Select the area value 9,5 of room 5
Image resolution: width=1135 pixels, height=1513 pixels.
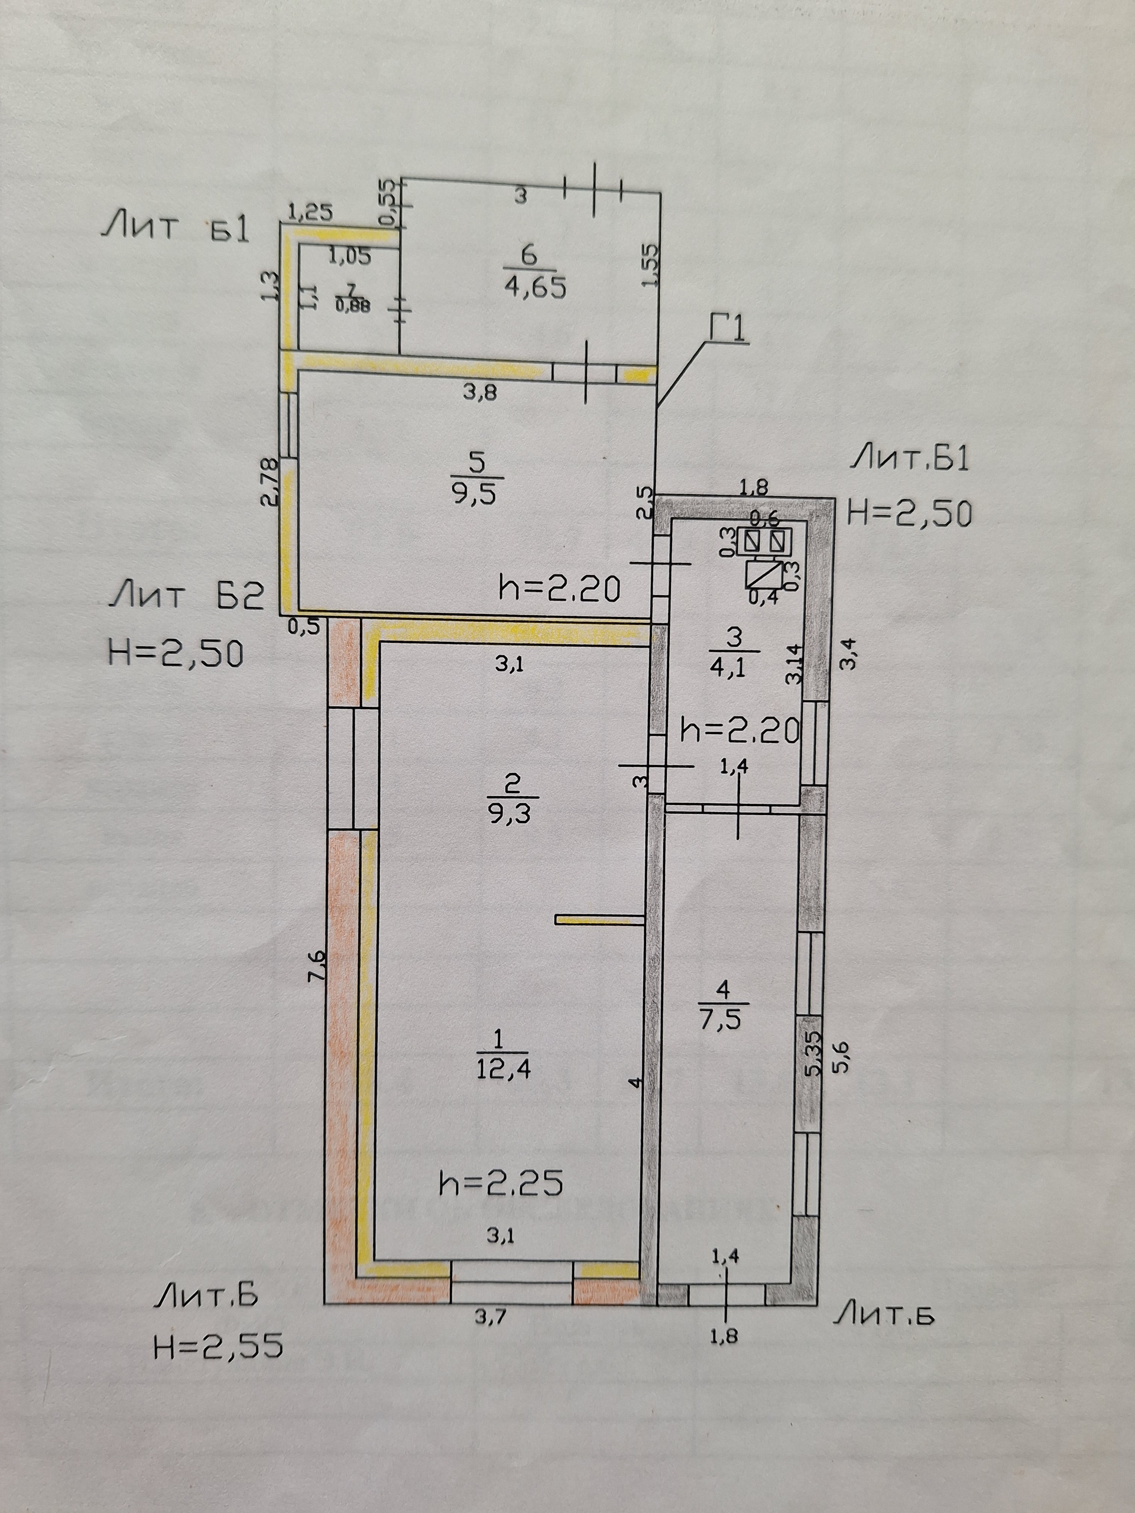(475, 493)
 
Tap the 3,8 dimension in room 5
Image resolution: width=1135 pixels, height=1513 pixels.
(480, 393)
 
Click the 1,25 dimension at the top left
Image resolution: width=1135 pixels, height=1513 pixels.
(310, 212)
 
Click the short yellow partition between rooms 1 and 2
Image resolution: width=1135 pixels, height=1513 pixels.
(600, 921)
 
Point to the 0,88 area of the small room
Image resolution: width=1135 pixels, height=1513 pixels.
(352, 306)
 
